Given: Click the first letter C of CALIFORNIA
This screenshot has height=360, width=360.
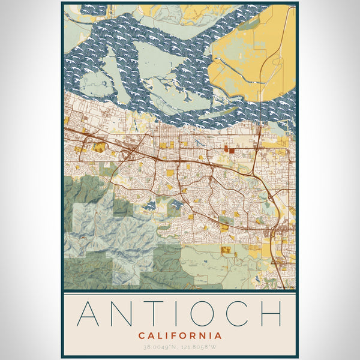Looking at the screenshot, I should click(141, 335).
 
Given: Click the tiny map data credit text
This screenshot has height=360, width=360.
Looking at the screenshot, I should click(285, 287).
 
